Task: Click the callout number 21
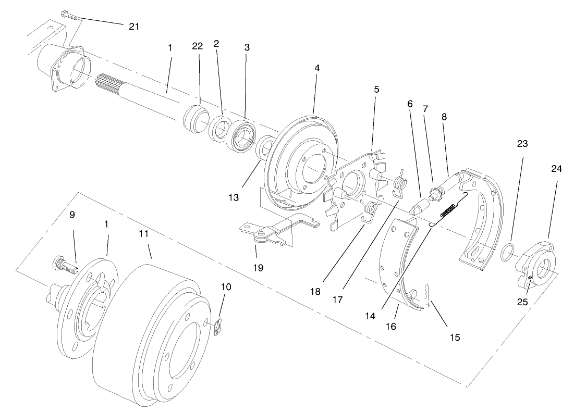coord(134,27)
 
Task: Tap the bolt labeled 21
coord(69,15)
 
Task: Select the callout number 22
coord(197,46)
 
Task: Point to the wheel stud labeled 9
coord(65,265)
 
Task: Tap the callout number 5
coord(376,89)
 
